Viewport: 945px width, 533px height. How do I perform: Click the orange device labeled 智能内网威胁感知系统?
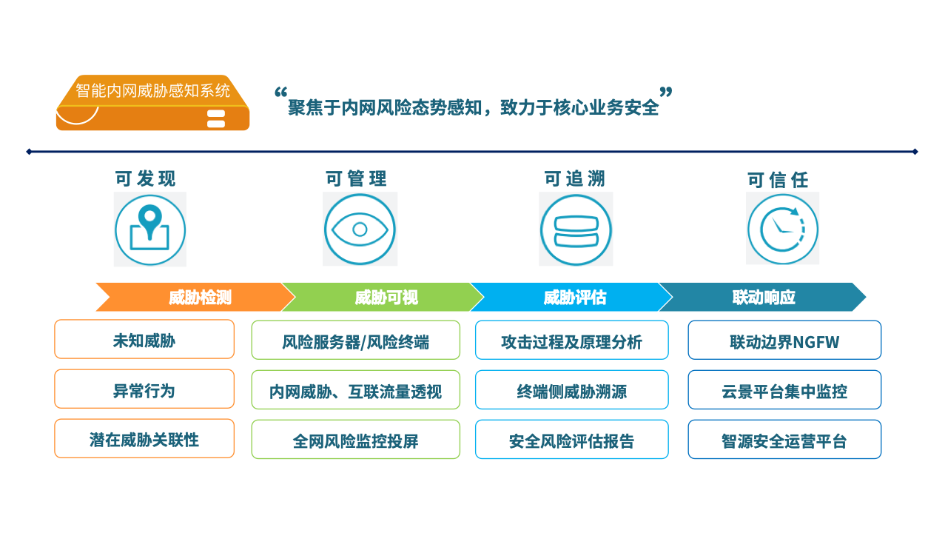pos(152,103)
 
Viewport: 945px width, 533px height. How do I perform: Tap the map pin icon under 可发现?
pos(150,230)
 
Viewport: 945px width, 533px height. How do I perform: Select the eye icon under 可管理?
pos(360,229)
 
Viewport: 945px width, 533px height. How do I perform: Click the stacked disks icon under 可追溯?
pos(576,230)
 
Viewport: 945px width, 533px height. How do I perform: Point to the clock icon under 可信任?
pos(783,229)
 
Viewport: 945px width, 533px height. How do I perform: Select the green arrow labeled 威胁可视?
pos(383,297)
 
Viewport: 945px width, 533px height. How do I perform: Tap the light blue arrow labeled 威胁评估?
pos(571,297)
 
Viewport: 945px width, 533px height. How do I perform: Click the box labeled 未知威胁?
pos(144,339)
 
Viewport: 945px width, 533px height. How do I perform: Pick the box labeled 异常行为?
pos(144,389)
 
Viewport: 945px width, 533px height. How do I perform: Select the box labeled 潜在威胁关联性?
pos(144,438)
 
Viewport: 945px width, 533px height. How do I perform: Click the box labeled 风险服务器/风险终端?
pos(356,340)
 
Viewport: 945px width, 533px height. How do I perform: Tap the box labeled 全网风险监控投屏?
pos(356,439)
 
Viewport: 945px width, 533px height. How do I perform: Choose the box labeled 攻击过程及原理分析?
pos(571,340)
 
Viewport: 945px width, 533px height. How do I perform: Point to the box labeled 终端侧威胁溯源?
pos(571,390)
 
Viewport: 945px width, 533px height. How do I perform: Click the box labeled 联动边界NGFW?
pos(784,340)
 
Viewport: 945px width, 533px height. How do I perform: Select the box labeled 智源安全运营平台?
pos(784,439)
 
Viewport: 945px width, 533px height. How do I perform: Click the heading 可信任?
pos(778,180)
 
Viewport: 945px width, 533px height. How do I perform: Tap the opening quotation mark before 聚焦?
pos(281,93)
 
